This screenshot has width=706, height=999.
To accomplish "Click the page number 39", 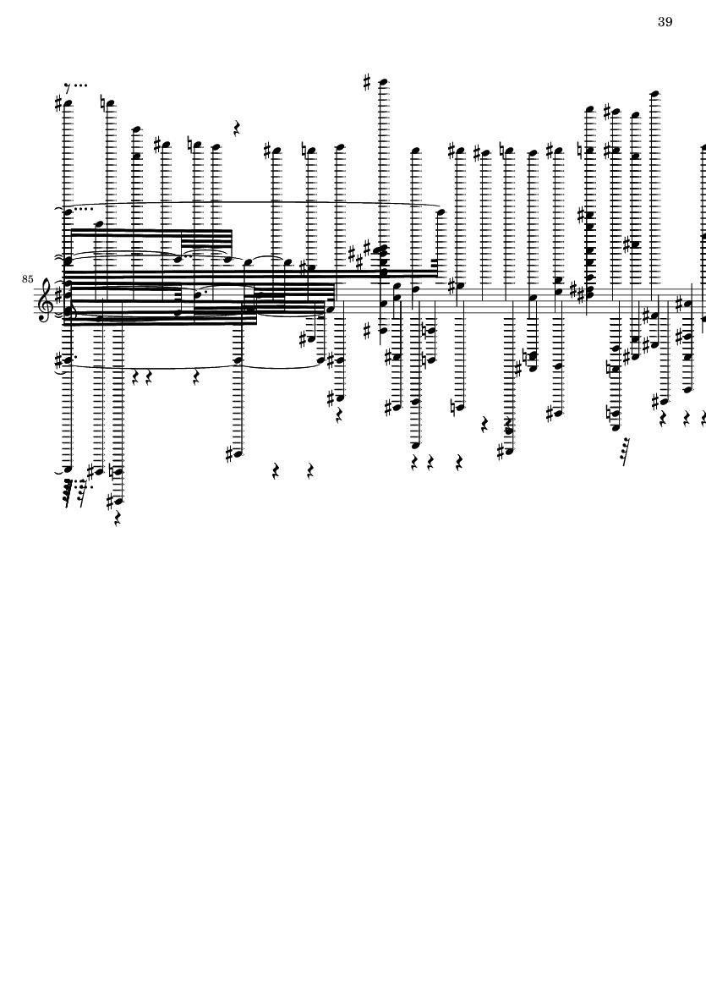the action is (x=665, y=22).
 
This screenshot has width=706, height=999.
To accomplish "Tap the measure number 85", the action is (x=27, y=279).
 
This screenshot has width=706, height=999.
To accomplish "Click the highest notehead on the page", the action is (x=384, y=81).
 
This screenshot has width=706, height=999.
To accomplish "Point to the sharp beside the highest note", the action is (x=367, y=81).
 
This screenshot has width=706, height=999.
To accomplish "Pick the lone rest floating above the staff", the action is (x=236, y=128).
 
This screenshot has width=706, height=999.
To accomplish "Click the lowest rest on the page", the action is (x=118, y=519).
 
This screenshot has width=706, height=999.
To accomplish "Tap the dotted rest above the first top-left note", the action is (x=76, y=85).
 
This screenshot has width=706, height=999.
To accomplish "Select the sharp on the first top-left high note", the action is (x=58, y=103).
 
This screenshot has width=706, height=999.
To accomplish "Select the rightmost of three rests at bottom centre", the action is (x=459, y=460).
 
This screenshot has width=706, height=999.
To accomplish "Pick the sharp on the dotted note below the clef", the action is (x=59, y=361).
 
